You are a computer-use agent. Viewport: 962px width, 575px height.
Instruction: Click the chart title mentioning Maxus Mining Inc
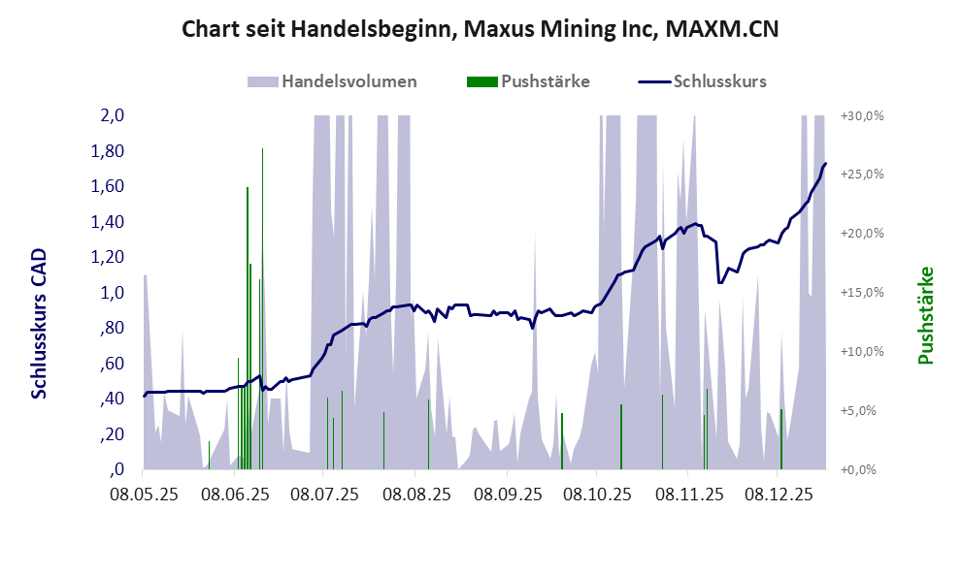tap(481, 30)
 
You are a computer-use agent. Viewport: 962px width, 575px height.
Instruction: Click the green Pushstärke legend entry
tap(529, 81)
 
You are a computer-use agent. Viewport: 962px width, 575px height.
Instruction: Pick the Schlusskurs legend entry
tap(703, 81)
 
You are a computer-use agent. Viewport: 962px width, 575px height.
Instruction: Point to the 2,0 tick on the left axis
tap(113, 115)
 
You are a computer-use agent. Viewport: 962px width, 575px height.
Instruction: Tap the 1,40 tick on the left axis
tap(109, 222)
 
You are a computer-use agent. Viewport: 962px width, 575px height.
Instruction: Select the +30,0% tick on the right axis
tap(863, 115)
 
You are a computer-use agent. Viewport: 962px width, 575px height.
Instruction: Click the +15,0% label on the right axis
tap(863, 293)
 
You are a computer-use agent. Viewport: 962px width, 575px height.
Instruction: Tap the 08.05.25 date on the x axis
tap(144, 495)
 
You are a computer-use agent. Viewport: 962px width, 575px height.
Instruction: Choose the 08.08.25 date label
tap(415, 495)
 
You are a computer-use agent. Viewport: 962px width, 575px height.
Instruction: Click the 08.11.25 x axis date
tap(689, 495)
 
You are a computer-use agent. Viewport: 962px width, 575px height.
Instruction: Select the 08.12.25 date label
tap(779, 495)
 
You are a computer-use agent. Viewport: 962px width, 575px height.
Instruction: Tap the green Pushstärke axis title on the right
tap(925, 316)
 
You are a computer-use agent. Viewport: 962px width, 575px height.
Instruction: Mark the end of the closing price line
tap(825, 164)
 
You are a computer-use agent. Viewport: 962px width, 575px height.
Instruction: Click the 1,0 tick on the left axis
tap(113, 293)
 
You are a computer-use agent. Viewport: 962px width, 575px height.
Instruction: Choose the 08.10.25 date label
tap(597, 495)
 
